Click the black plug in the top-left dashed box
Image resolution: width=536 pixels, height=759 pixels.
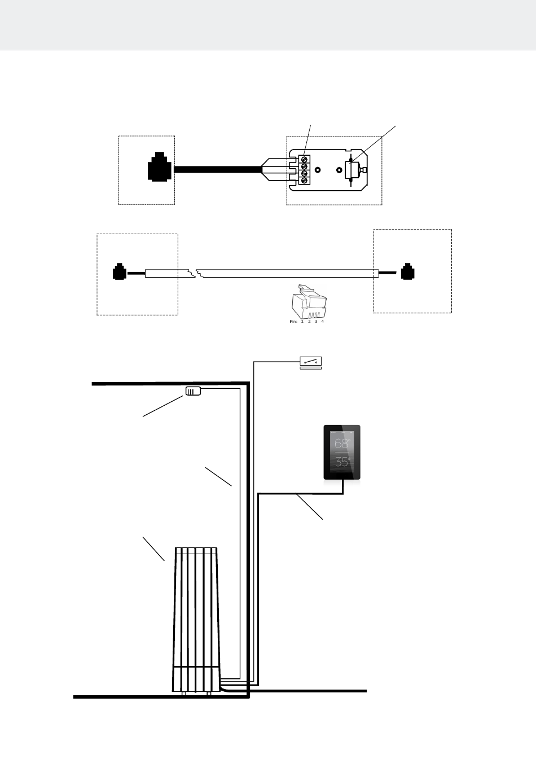coord(157,166)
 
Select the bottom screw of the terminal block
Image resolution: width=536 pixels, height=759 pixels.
coord(304,181)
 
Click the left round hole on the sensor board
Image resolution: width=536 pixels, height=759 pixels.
coord(318,170)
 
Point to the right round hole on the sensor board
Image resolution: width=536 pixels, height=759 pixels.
coord(339,170)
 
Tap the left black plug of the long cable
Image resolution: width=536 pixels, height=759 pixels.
coord(119,271)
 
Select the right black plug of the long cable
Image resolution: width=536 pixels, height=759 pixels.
coord(407,271)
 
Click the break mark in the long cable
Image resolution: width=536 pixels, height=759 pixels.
coord(196,273)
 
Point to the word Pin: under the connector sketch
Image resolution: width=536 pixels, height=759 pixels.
coord(293,322)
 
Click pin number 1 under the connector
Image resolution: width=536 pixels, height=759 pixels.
coord(302,322)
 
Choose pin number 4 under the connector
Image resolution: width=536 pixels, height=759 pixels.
coord(323,322)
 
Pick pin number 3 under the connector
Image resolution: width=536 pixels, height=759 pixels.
coord(316,322)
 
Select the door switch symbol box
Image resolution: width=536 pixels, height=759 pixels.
coord(311,362)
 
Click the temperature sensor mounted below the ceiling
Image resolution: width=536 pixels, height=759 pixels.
coord(193,391)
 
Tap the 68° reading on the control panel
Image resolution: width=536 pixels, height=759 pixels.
coord(342,443)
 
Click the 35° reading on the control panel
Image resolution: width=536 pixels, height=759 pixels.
coord(342,462)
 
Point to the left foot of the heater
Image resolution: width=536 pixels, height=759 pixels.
coord(184,694)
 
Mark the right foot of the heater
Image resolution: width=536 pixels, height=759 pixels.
coord(209,694)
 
